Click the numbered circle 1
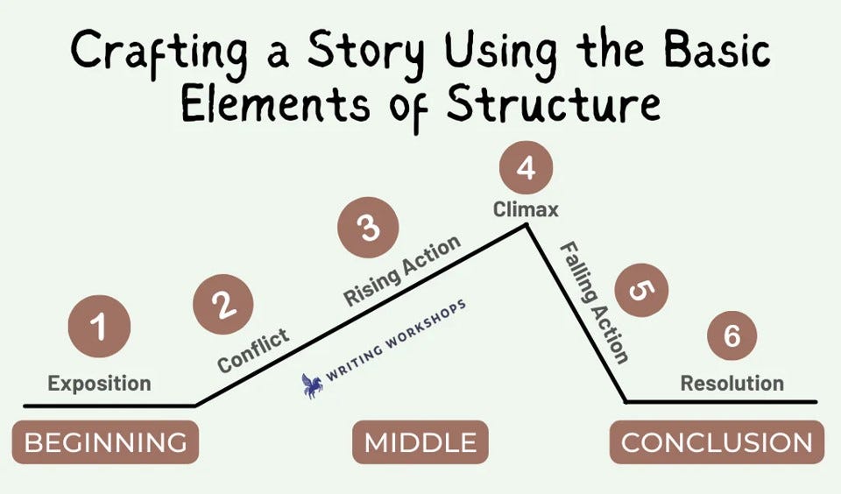[x=99, y=328]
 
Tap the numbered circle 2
[x=223, y=305]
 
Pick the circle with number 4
[x=526, y=168]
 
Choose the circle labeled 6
[x=731, y=335]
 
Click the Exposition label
[x=99, y=383]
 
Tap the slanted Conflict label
[x=253, y=350]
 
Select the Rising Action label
[x=402, y=271]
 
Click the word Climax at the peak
[x=526, y=210]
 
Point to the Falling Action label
[x=596, y=302]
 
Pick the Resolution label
[x=732, y=383]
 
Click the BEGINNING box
[x=105, y=442]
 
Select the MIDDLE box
[x=420, y=442]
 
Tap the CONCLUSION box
[x=717, y=442]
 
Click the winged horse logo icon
[x=312, y=385]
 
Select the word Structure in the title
[x=553, y=105]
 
